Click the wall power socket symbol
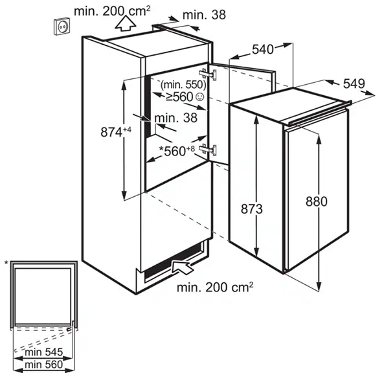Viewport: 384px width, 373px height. coord(63,26)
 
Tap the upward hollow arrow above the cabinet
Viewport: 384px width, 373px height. coord(126,23)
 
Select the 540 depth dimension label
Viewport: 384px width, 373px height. coord(262,49)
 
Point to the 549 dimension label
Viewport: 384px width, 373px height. coord(354,84)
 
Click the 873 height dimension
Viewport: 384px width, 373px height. coord(252,209)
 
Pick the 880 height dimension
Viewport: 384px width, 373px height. coord(317,202)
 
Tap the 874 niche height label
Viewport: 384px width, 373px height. coord(116,131)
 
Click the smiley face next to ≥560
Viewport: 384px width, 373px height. coord(200,97)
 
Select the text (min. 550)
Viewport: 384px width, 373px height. coord(183,85)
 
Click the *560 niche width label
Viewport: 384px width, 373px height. coord(177,151)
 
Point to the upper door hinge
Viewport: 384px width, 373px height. coord(208,74)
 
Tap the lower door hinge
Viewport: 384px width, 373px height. coord(208,149)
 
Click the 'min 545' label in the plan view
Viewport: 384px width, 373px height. coord(44,352)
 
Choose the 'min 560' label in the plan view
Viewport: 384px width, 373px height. coord(44,365)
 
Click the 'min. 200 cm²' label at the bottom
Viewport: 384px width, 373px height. coord(215,287)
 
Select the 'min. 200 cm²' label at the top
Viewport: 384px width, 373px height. coord(112,11)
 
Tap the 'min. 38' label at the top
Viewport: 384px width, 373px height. coord(204,15)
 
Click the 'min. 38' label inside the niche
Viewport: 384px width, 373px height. coord(176,118)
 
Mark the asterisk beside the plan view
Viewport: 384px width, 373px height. coord(6,263)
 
